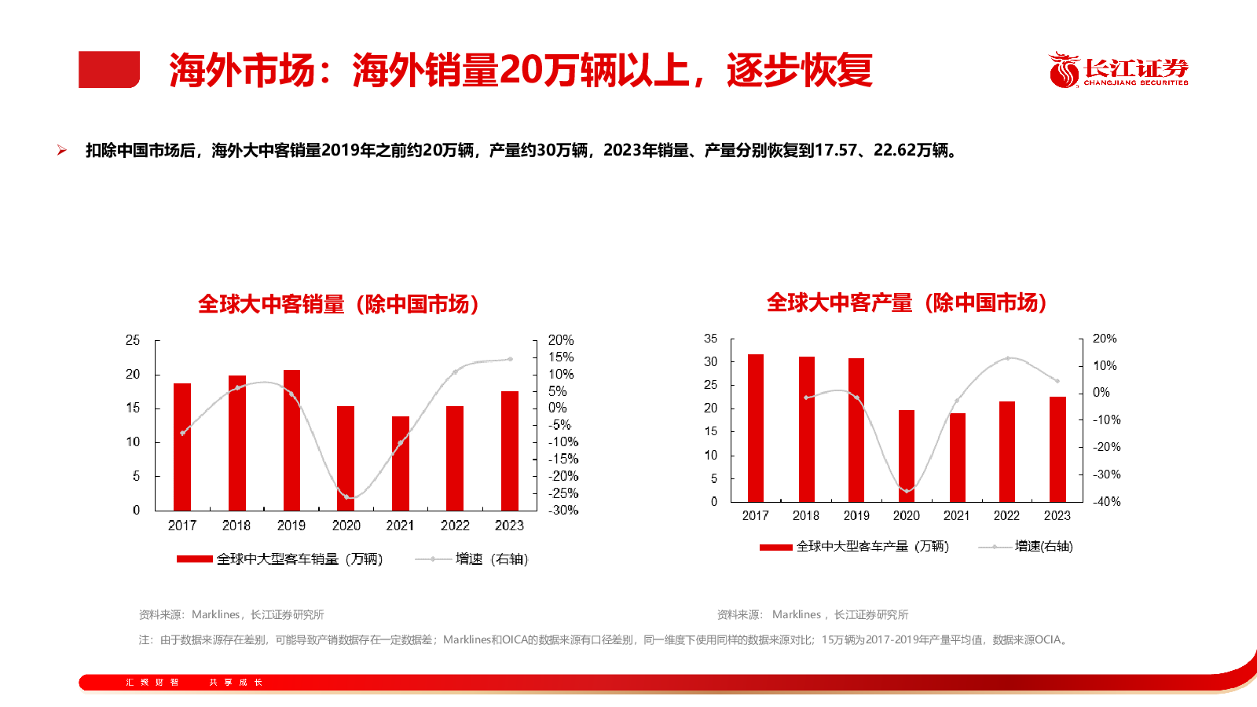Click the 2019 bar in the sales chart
[x=291, y=440]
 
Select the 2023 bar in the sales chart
[x=509, y=451]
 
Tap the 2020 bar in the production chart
[x=907, y=456]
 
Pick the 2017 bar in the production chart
[x=756, y=428]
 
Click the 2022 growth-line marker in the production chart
[x=1008, y=358]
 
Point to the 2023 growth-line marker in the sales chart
[x=510, y=359]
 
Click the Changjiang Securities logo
[x=1119, y=70]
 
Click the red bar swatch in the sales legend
[x=194, y=559]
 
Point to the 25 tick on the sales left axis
[x=133, y=340]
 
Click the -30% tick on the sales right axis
[x=563, y=510]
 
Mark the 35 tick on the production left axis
[x=710, y=339]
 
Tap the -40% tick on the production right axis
[x=1106, y=501]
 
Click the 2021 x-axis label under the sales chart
[x=400, y=526]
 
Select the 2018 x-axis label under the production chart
[x=805, y=515]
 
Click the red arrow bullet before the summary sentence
[x=62, y=150]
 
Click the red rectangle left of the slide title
[x=109, y=69]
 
